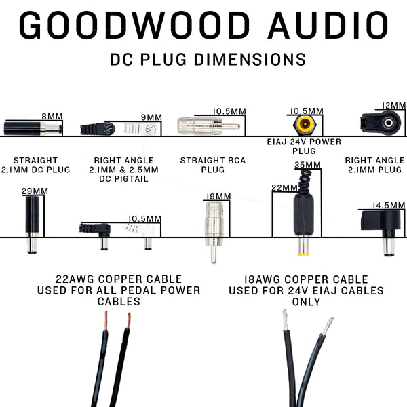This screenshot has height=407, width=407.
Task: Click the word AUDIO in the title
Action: coord(328,25)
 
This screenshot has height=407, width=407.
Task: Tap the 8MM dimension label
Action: coord(52,116)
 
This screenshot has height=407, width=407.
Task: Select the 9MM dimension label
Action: coord(147,116)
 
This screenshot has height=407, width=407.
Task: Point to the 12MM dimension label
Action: coord(393,106)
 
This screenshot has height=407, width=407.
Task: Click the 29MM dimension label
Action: coord(35,191)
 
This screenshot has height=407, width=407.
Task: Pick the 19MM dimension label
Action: coord(218,197)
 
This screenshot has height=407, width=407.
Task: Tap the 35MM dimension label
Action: coord(307,165)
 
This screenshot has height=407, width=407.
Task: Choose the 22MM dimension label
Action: coord(284,187)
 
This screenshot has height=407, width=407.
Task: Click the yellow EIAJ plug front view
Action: coord(305,125)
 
